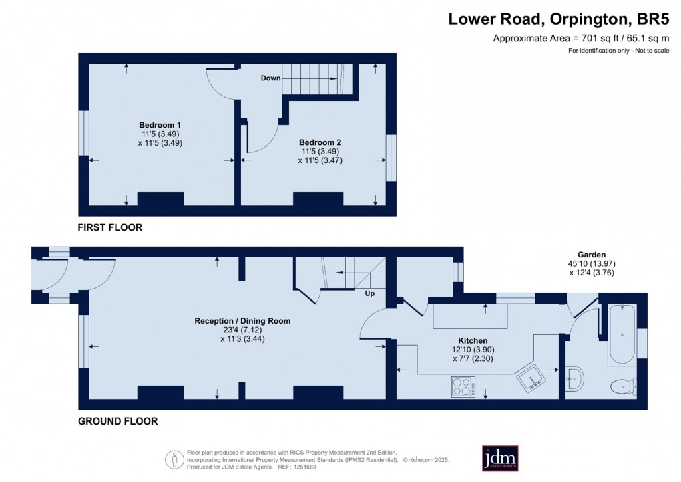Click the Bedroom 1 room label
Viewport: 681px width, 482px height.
(160, 125)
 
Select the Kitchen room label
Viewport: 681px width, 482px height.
(472, 340)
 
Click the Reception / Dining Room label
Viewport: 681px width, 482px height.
(242, 321)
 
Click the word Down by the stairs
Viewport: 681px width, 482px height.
(270, 78)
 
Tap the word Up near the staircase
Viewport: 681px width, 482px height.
(369, 293)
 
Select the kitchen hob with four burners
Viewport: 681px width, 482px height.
(463, 387)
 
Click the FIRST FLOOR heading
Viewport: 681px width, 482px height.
(110, 227)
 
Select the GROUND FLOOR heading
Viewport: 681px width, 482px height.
(118, 421)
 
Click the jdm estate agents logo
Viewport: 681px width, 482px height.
(500, 458)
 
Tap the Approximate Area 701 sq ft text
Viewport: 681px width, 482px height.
(581, 38)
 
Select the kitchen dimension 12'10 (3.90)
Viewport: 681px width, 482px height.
(473, 349)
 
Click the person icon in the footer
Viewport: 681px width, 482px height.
(174, 459)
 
